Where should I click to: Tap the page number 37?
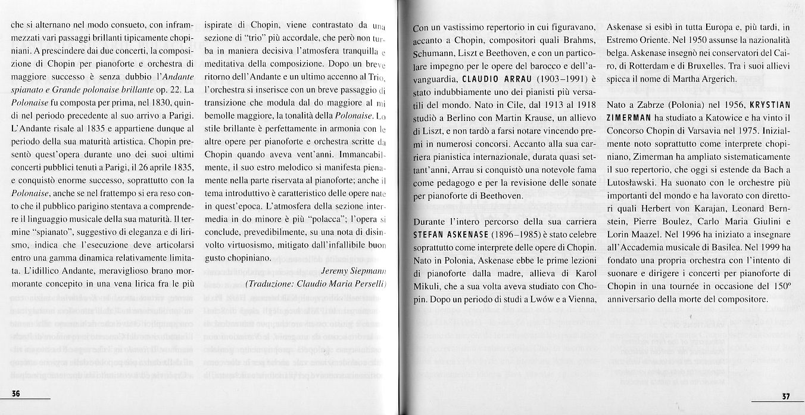[785, 397]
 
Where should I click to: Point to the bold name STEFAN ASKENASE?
[445, 234]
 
